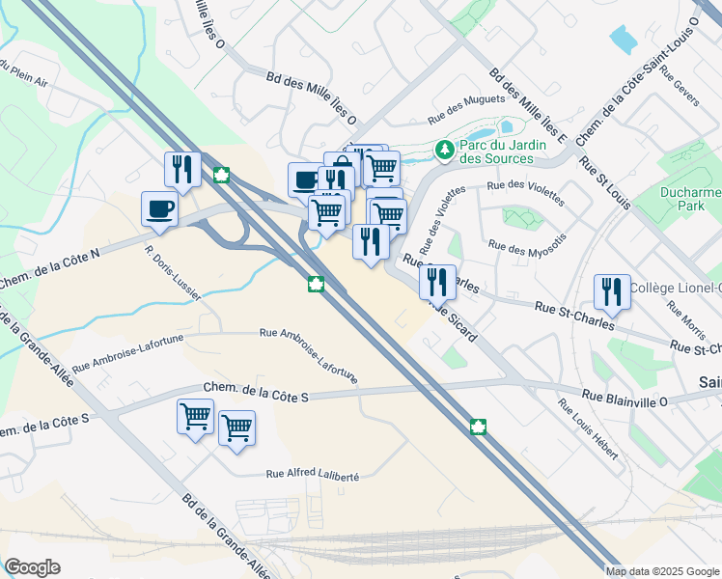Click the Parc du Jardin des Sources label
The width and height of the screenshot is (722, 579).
[x=497, y=152]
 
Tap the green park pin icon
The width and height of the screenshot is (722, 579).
[x=444, y=150]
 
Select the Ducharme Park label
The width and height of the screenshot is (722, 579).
[x=690, y=199]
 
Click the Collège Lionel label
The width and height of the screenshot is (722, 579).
[x=676, y=288]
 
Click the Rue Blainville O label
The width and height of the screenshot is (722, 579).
[x=624, y=396]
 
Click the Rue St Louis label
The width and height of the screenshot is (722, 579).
[x=604, y=179]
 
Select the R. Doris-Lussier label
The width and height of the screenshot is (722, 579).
[x=173, y=273]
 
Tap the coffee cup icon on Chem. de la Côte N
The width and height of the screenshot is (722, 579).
[x=160, y=207]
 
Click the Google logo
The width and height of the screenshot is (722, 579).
[x=32, y=567]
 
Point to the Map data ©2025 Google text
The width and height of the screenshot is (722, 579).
[x=662, y=570]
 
